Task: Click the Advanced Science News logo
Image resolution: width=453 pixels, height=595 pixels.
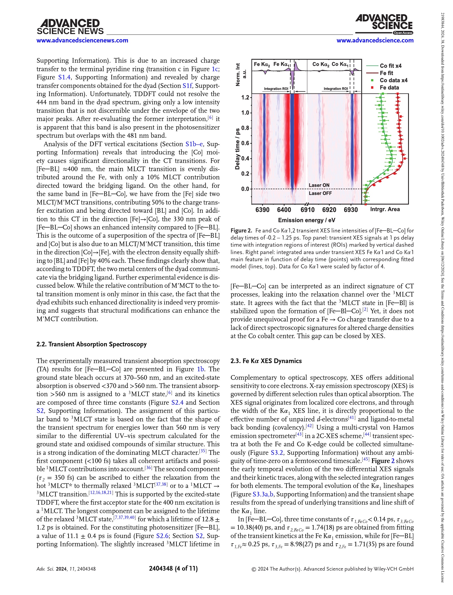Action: click(70, 27)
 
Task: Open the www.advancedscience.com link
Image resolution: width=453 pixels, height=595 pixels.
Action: click(375, 41)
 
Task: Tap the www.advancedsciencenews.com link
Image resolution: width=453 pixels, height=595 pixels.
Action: click(82, 41)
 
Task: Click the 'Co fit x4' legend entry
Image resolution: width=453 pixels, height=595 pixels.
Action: click(390, 66)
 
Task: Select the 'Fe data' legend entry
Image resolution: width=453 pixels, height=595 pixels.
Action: click(389, 88)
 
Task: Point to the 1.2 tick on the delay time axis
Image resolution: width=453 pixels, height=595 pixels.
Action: click(245, 97)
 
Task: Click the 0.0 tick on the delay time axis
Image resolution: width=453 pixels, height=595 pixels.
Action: click(245, 189)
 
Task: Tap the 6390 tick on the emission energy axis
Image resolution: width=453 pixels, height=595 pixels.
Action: click(262, 210)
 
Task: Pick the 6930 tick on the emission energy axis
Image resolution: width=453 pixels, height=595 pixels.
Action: click(351, 210)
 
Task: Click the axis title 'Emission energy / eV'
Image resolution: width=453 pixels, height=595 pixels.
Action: click(306, 220)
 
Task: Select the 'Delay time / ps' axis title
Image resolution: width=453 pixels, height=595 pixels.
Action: click(237, 149)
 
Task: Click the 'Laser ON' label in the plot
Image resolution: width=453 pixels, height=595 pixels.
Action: click(319, 185)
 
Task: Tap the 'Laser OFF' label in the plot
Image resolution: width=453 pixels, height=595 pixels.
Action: click(320, 193)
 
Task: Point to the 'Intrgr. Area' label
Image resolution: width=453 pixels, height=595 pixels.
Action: click(385, 209)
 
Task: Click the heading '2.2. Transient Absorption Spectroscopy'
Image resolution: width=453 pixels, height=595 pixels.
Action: click(91, 344)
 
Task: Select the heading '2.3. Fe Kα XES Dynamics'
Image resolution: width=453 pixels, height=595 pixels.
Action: click(266, 361)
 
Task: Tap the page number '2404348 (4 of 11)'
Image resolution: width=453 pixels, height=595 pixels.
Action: click(173, 568)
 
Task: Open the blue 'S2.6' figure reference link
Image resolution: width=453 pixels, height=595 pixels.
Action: click(162, 536)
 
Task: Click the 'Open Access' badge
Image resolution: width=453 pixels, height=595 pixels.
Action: click(403, 33)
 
